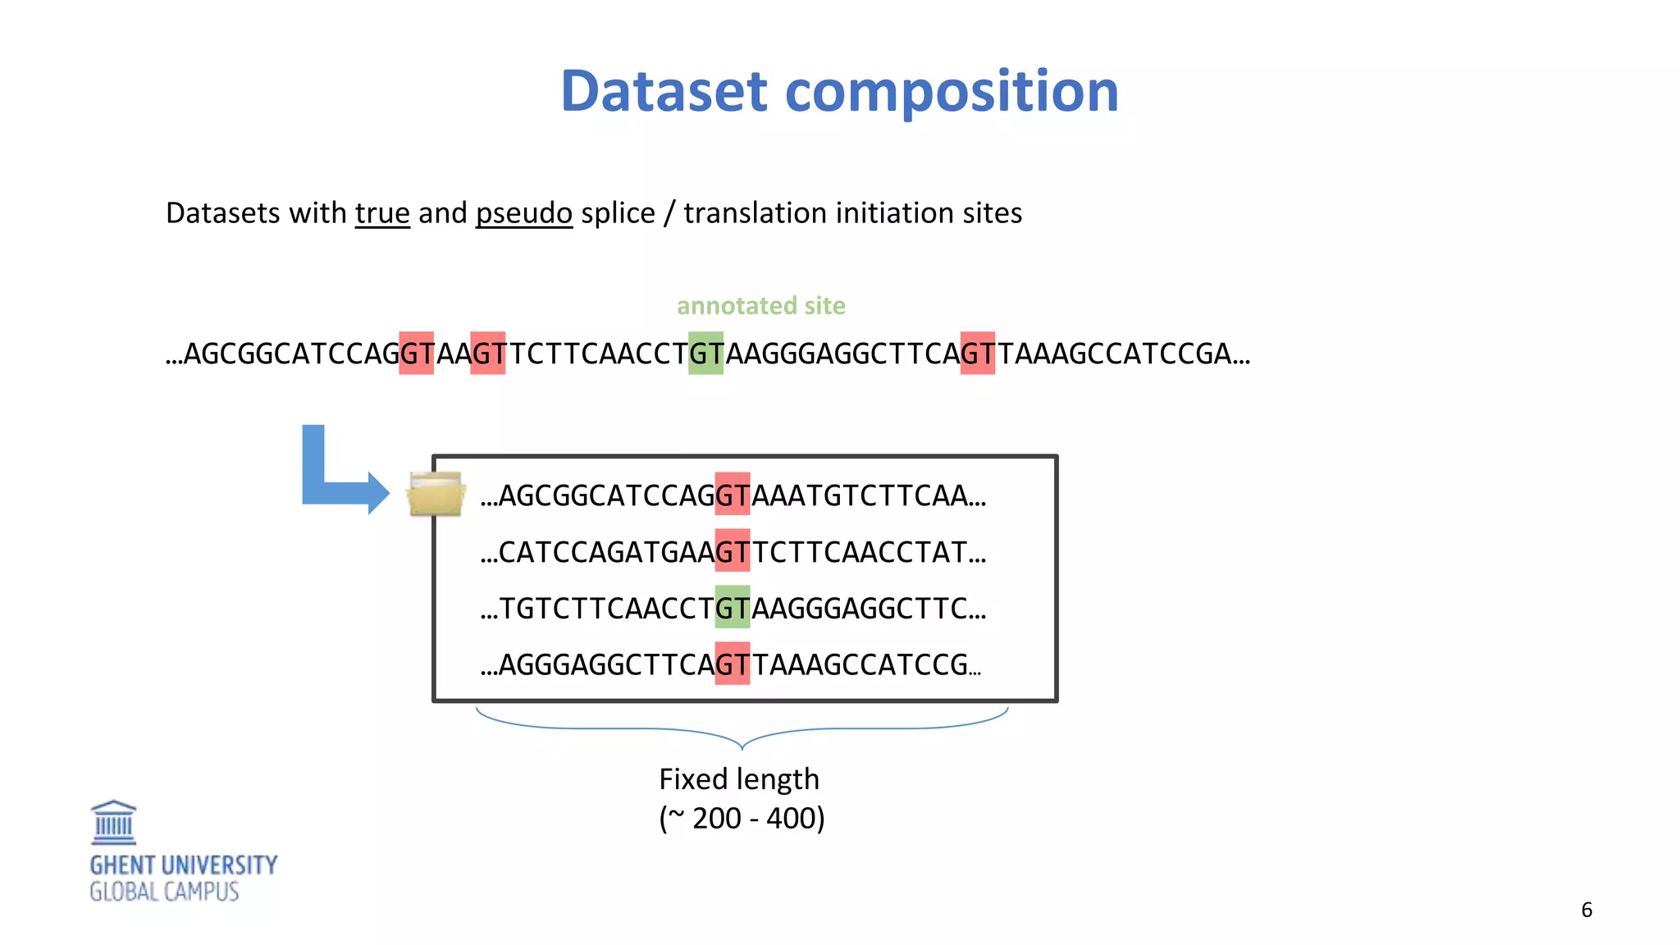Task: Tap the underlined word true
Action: click(x=382, y=213)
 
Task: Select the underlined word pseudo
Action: click(x=523, y=213)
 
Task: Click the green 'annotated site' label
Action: click(x=760, y=305)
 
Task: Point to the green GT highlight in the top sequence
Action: click(x=705, y=354)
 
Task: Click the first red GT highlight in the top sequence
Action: click(x=416, y=354)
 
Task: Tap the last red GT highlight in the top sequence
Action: click(x=977, y=354)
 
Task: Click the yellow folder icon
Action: click(x=436, y=494)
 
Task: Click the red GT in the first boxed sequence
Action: click(x=732, y=495)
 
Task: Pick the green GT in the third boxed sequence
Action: click(x=732, y=607)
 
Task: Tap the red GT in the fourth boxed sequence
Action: click(x=732, y=664)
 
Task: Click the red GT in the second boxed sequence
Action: click(x=732, y=551)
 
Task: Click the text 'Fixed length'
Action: click(x=738, y=778)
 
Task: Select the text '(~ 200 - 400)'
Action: click(x=742, y=818)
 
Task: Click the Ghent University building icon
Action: click(x=113, y=823)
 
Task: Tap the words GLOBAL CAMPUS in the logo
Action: click(x=164, y=892)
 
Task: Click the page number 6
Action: click(x=1586, y=910)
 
